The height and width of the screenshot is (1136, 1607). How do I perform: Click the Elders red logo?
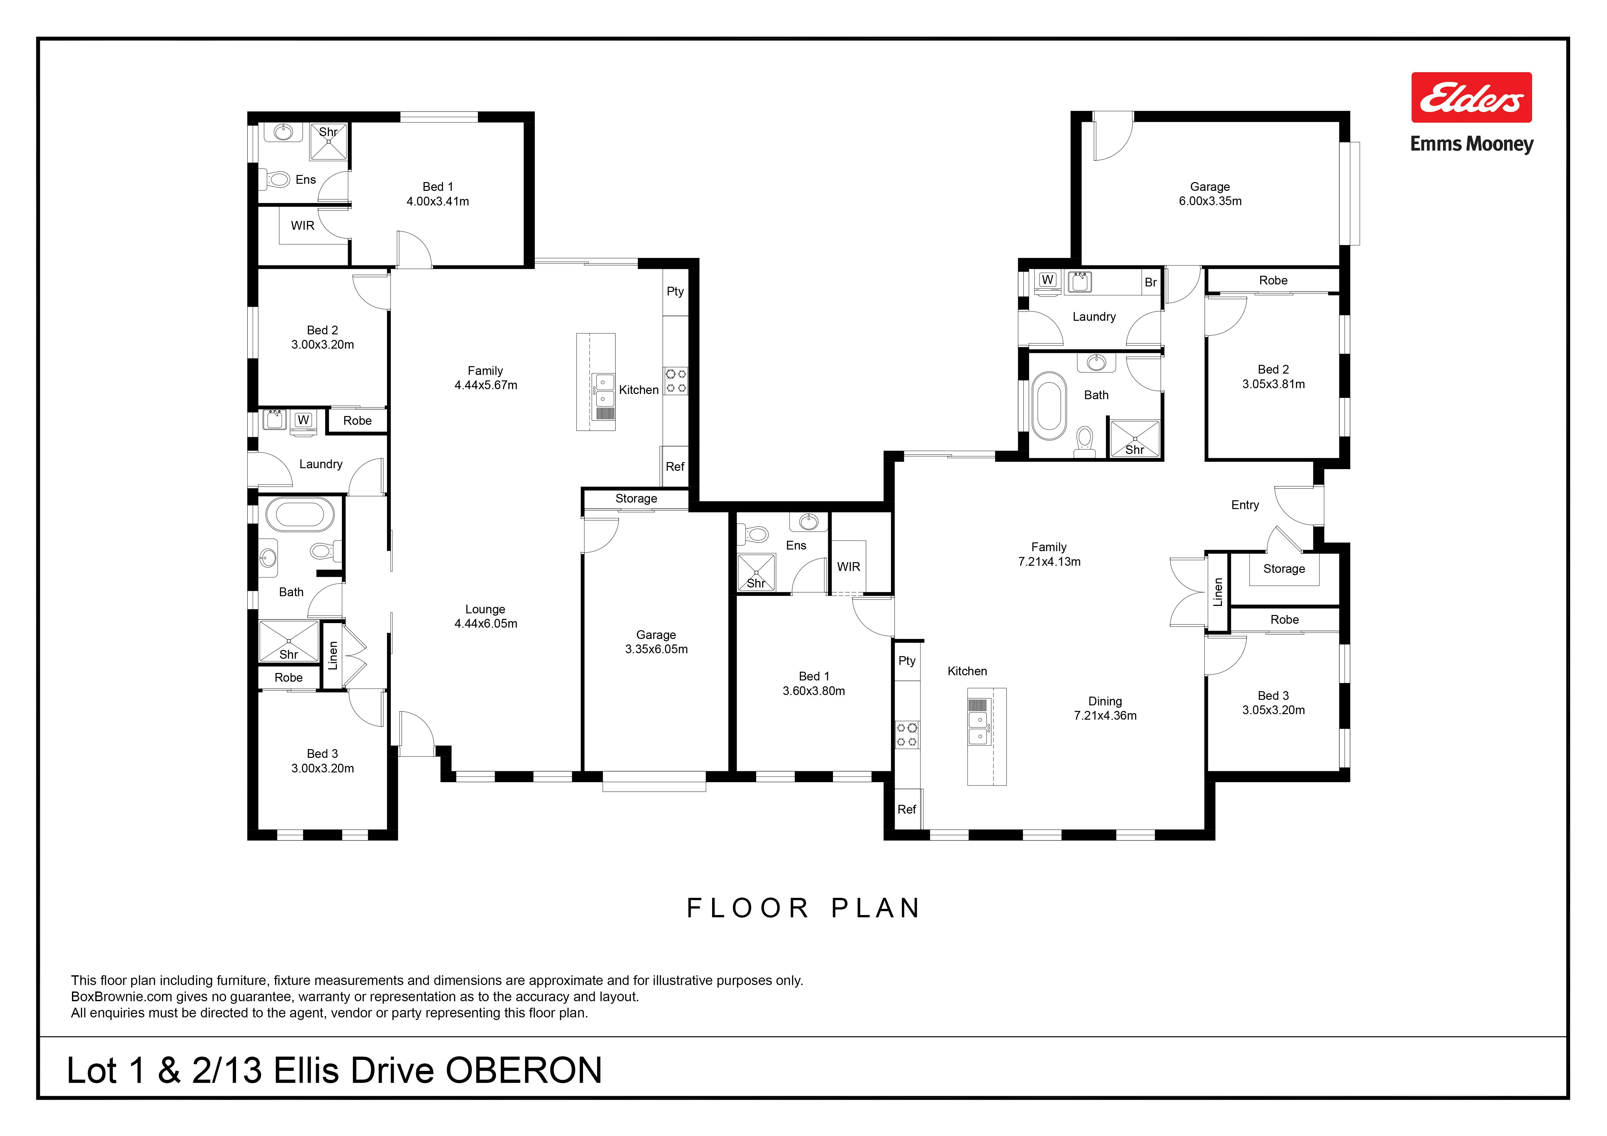pos(1471,97)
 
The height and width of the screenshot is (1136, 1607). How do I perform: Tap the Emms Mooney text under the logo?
pos(1471,144)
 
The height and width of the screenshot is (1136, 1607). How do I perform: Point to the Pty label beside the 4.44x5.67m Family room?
pos(675,292)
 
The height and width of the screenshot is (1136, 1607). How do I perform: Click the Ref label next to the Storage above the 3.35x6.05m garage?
pos(675,467)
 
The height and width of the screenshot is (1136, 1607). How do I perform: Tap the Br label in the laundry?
pos(1151,283)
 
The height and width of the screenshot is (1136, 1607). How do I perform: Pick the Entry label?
pos(1245,505)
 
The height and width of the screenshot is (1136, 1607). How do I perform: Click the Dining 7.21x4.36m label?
pos(1105,708)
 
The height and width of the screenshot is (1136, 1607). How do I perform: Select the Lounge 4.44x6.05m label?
pos(486,616)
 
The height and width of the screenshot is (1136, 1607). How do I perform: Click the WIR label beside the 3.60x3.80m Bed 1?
pos(848,567)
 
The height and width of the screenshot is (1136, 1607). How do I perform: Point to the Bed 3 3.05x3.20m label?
pos(1273,703)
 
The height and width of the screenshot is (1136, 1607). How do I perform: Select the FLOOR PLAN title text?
pos(803,908)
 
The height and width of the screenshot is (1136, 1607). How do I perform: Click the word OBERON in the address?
pos(523,1070)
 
